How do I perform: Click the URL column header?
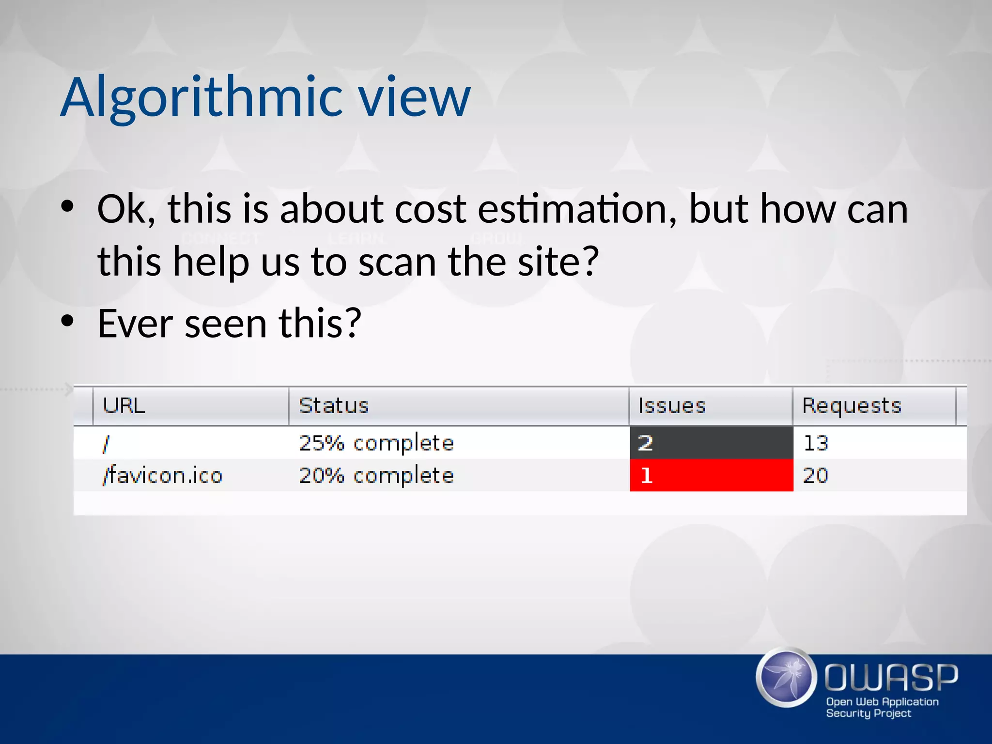coord(124,406)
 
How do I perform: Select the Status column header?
coord(334,406)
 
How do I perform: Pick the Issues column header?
coord(672,406)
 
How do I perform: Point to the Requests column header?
coord(852,406)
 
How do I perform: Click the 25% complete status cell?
coord(376,443)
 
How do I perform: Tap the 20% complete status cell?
coord(376,475)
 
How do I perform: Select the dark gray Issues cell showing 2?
coord(711,443)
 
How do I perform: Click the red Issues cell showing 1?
coord(711,475)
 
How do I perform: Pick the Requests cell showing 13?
coord(816,443)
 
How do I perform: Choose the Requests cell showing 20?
coord(816,475)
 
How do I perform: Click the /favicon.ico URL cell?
coord(163,475)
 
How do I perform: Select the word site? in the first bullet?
coord(558,262)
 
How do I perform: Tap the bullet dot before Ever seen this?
coord(67,321)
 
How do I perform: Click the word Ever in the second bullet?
coord(135,323)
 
